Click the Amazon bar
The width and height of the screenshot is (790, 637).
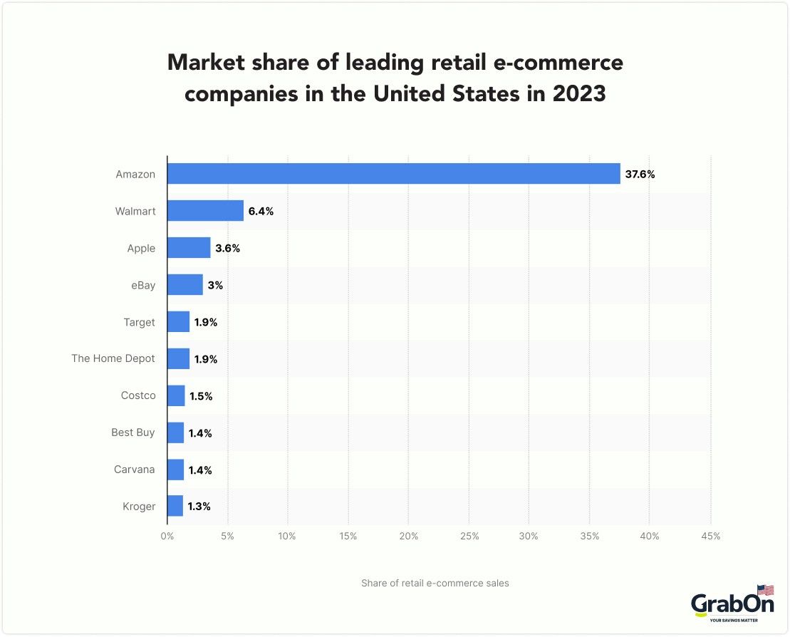(x=393, y=174)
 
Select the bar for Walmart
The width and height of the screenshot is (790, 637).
(x=205, y=211)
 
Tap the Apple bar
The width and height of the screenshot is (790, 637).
(x=189, y=248)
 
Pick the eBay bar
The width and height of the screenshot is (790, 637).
(x=185, y=285)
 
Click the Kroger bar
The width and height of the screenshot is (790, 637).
(x=175, y=507)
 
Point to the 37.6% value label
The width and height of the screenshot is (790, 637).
(x=640, y=174)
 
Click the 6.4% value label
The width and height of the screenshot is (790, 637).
(x=261, y=211)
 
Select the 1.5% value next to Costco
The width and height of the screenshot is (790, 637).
(x=201, y=396)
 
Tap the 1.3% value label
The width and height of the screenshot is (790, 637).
(x=199, y=507)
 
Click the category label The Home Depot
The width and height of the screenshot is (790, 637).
(x=113, y=358)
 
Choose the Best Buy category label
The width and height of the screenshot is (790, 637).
(x=132, y=433)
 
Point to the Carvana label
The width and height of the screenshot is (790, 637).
(x=134, y=470)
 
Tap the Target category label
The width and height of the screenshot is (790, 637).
(x=139, y=322)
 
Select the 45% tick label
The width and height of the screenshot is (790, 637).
(x=710, y=536)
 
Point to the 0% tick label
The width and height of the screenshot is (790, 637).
(x=167, y=536)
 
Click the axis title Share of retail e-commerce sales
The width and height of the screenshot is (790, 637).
(x=435, y=583)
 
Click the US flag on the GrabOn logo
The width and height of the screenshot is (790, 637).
(x=765, y=590)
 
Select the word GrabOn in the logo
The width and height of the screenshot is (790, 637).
(x=732, y=604)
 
